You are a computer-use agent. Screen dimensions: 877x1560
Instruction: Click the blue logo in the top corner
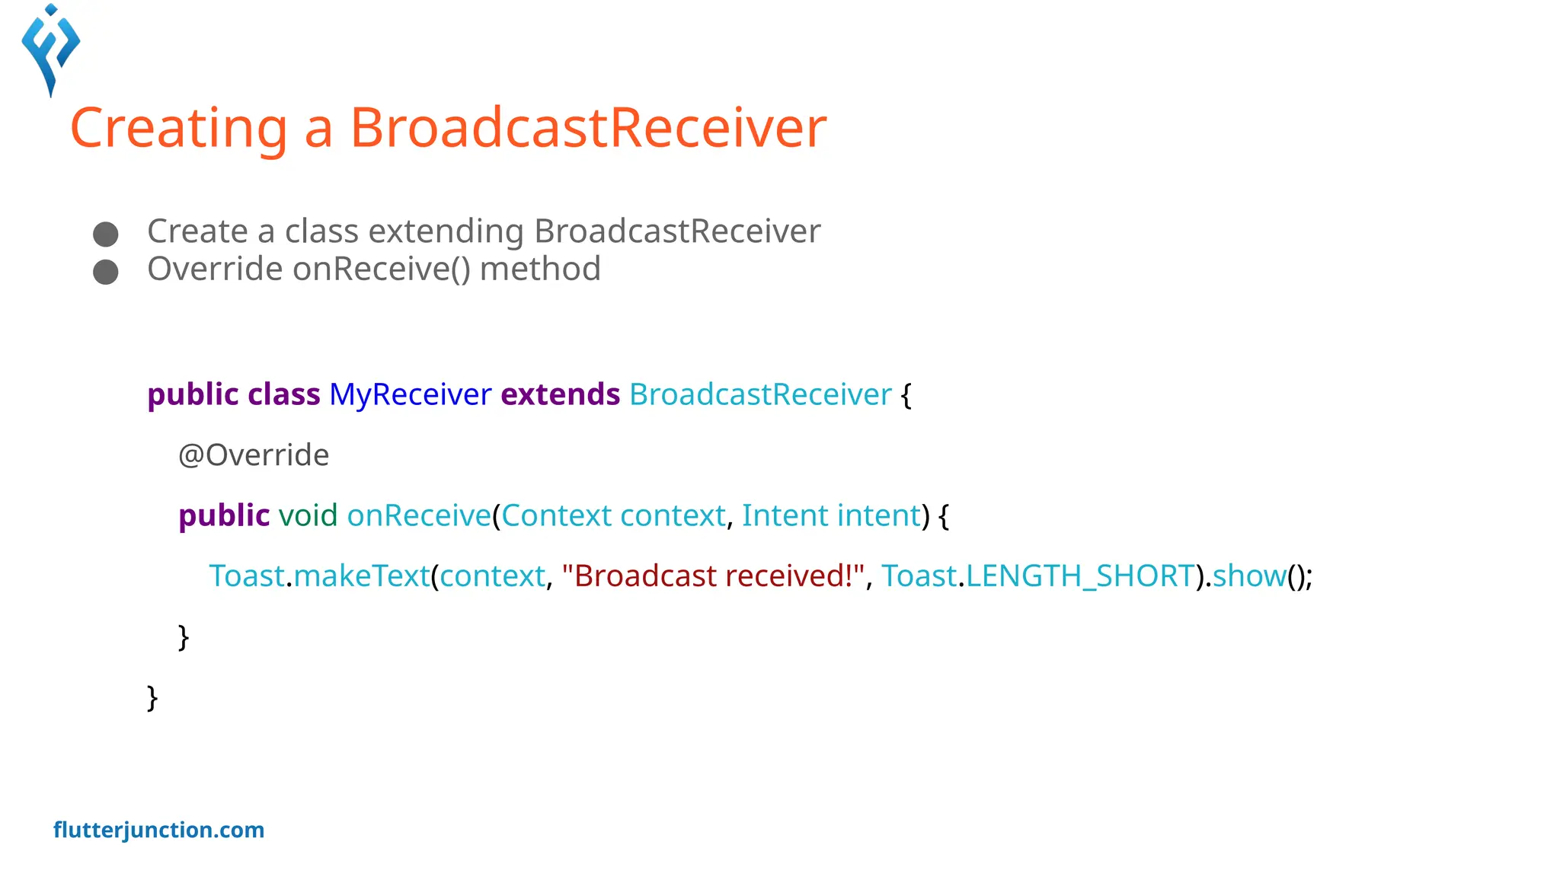click(x=50, y=49)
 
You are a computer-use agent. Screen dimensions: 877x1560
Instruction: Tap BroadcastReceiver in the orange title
click(x=587, y=128)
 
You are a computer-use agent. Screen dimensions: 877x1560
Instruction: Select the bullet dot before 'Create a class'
click(x=105, y=234)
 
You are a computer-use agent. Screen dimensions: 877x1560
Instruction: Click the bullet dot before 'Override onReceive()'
click(x=105, y=272)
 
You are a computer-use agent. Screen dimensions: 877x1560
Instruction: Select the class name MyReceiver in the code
click(x=410, y=394)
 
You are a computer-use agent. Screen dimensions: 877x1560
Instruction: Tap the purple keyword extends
click(x=560, y=394)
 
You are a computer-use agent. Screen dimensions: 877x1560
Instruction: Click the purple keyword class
click(x=283, y=394)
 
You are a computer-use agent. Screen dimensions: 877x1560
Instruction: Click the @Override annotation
click(x=253, y=455)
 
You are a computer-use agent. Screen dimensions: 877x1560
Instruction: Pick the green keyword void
click(x=308, y=515)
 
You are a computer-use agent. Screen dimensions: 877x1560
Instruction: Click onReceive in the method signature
click(x=419, y=515)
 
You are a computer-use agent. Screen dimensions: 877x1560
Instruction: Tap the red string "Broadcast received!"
click(x=712, y=576)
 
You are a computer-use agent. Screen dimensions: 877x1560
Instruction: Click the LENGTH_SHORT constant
click(x=1080, y=576)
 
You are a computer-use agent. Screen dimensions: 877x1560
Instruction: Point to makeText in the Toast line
click(x=362, y=576)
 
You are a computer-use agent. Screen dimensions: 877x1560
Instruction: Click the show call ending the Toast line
click(x=1249, y=576)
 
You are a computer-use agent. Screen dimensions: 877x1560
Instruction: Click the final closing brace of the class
click(x=152, y=697)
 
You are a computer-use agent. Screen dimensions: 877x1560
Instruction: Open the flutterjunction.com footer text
click(x=158, y=830)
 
